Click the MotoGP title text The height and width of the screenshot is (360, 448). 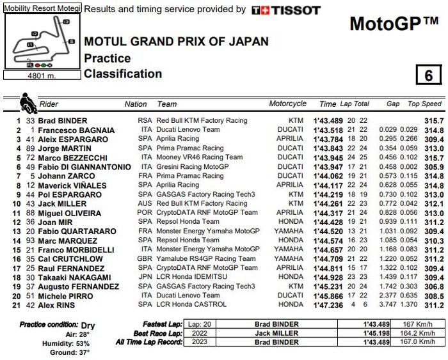394,24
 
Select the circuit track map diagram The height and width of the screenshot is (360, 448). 42,42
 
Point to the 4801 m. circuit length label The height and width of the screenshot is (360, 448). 42,75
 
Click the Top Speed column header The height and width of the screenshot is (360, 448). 425,104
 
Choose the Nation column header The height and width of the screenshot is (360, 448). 136,104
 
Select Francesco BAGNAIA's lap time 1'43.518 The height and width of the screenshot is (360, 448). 328,130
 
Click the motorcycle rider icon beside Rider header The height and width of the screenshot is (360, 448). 28,102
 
